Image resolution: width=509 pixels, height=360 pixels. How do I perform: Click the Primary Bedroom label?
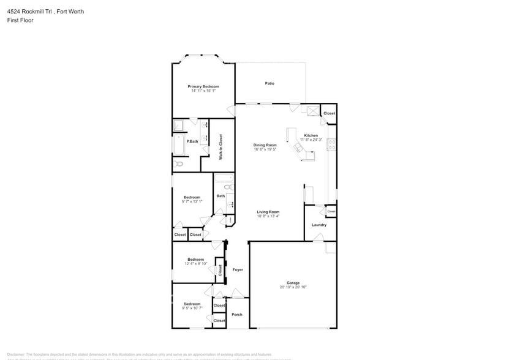[x=203, y=86]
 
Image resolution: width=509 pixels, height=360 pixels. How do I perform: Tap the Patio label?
[x=270, y=83]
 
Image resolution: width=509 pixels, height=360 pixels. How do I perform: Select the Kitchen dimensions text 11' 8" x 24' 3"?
[x=311, y=140]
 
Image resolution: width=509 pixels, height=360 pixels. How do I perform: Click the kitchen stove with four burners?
[x=331, y=145]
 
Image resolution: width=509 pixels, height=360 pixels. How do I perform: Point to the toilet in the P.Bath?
[x=179, y=164]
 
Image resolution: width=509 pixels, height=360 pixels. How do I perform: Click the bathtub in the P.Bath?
[x=179, y=144]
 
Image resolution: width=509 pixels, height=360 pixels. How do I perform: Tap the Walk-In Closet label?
[x=221, y=147]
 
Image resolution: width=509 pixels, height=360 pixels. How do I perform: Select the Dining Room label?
[x=265, y=145]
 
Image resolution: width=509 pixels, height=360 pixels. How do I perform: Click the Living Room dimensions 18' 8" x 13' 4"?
[x=268, y=216]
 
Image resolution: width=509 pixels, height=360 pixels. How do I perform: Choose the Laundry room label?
[x=319, y=225]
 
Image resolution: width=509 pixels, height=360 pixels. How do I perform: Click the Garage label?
[x=293, y=283]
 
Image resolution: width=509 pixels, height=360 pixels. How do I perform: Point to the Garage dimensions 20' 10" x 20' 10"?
[x=293, y=287]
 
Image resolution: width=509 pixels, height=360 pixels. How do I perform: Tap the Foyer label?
[x=237, y=269]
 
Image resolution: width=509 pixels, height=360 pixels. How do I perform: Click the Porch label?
[x=236, y=315]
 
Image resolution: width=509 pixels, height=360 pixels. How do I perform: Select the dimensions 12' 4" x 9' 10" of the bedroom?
[x=195, y=263]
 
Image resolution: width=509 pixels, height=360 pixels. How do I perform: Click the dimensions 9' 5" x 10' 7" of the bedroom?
[x=192, y=308]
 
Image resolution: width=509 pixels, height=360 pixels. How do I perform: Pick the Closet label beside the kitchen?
[x=329, y=113]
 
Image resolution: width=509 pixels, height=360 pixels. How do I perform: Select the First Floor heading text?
[x=21, y=20]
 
